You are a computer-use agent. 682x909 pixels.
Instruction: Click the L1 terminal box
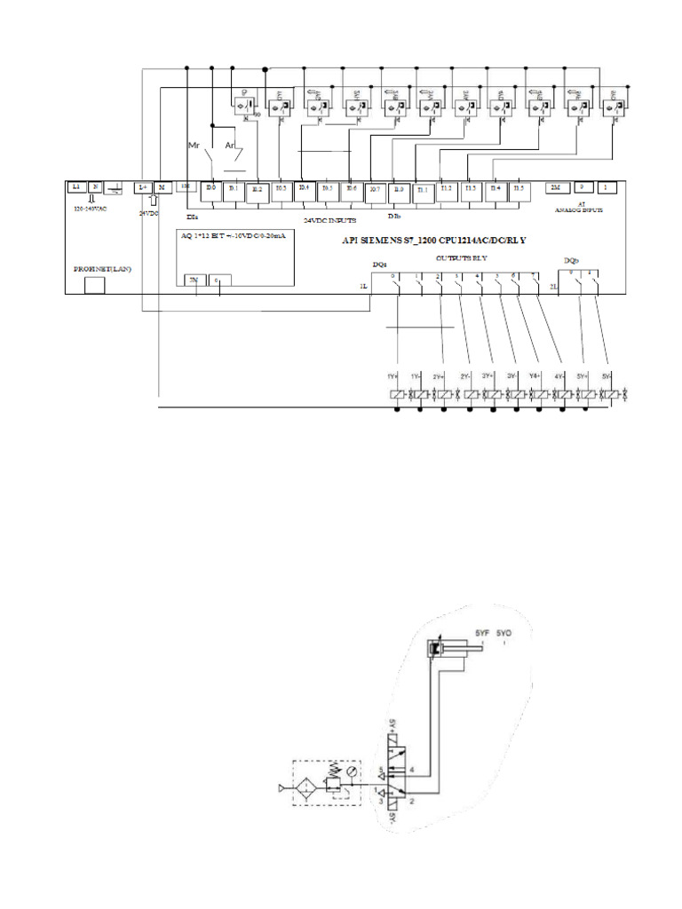[76, 187]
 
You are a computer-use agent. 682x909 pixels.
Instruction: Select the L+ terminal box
[142, 187]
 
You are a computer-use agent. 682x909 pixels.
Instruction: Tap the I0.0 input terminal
[210, 188]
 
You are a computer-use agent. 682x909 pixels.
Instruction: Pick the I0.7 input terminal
[374, 189]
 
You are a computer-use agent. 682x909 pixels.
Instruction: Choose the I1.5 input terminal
[517, 188]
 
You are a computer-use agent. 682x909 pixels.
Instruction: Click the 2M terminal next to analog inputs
[556, 187]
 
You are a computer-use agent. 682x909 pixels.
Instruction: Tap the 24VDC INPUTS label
[329, 219]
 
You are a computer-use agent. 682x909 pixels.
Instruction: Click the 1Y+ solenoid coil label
[393, 376]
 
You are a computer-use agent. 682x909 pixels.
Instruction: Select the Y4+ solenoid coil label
[535, 375]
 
